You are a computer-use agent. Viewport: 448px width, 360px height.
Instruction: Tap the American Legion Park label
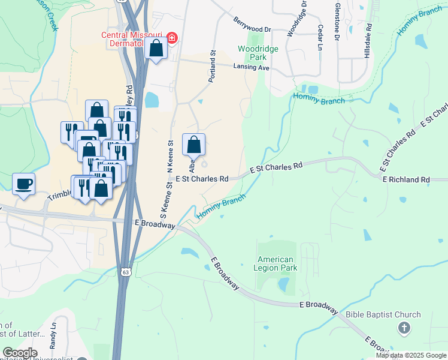click(x=276, y=263)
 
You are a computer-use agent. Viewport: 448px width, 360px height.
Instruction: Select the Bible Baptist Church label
click(x=383, y=314)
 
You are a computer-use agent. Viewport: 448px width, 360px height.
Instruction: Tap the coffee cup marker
click(x=24, y=184)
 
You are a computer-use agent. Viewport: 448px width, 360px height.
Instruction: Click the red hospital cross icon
click(x=172, y=38)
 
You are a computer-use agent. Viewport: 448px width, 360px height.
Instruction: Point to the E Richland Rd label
click(x=406, y=179)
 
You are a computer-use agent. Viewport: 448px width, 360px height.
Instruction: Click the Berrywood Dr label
click(x=253, y=25)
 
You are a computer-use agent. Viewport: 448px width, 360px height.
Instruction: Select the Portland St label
click(x=212, y=67)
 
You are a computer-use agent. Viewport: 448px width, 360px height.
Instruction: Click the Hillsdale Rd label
click(x=370, y=37)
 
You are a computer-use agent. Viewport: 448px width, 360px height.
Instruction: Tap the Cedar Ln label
click(x=321, y=37)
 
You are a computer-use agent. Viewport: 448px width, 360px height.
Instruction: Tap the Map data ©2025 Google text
click(x=411, y=355)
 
